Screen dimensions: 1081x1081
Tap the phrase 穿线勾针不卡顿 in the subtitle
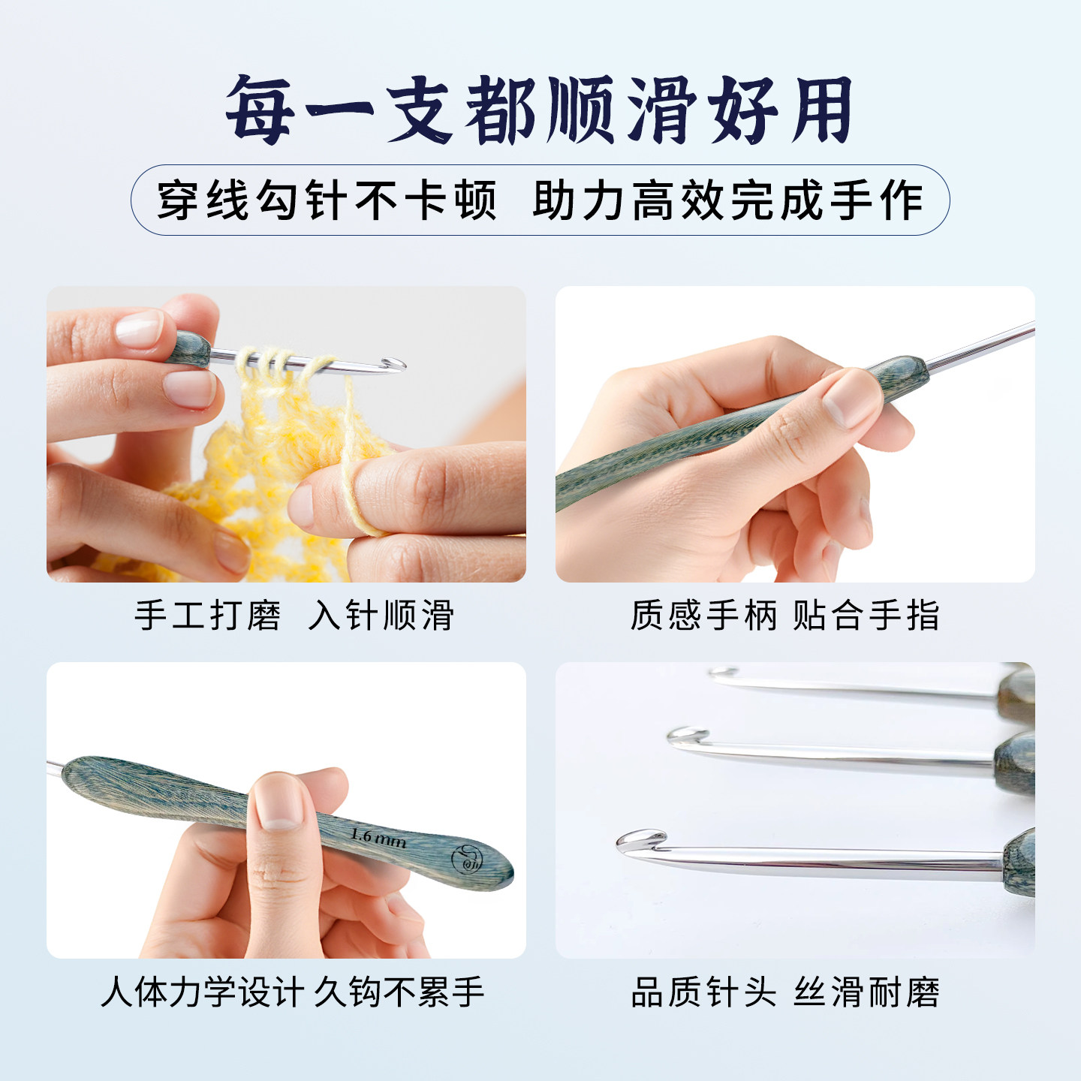click(327, 200)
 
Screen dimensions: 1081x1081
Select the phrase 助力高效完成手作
click(728, 200)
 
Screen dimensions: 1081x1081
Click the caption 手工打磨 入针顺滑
click(294, 616)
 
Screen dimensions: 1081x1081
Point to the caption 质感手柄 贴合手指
click(785, 616)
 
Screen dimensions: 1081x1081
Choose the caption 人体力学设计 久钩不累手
click(293, 992)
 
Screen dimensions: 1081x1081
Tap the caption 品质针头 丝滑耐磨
click(785, 992)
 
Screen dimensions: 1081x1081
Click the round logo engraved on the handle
click(468, 859)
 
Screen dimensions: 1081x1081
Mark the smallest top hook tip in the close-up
click(724, 673)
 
